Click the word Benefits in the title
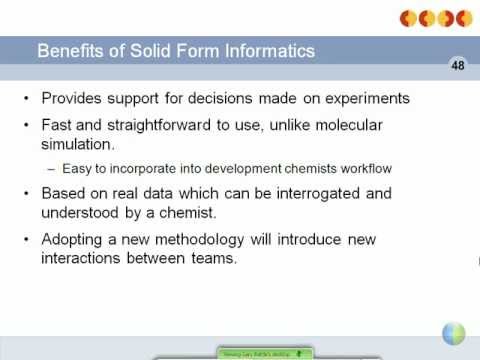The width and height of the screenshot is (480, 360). (x=69, y=50)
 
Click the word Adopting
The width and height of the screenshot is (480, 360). (x=73, y=239)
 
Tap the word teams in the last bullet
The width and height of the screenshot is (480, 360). (x=217, y=258)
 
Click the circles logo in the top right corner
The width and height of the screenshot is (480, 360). (x=433, y=17)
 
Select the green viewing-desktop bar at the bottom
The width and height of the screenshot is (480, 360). (x=265, y=353)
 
